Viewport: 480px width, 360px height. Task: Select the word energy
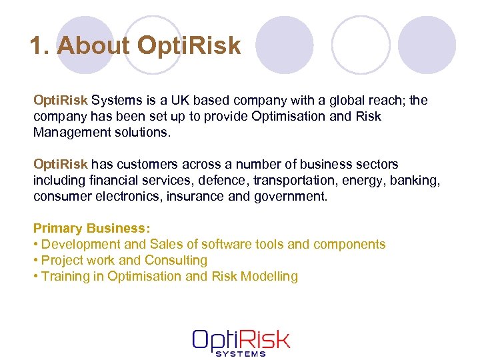point(363,181)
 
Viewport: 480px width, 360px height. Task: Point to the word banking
point(417,181)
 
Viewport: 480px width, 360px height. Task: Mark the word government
point(291,197)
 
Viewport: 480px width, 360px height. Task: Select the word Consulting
point(176,261)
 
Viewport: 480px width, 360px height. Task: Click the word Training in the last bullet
point(63,277)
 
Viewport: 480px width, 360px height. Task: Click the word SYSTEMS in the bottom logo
point(241,353)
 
